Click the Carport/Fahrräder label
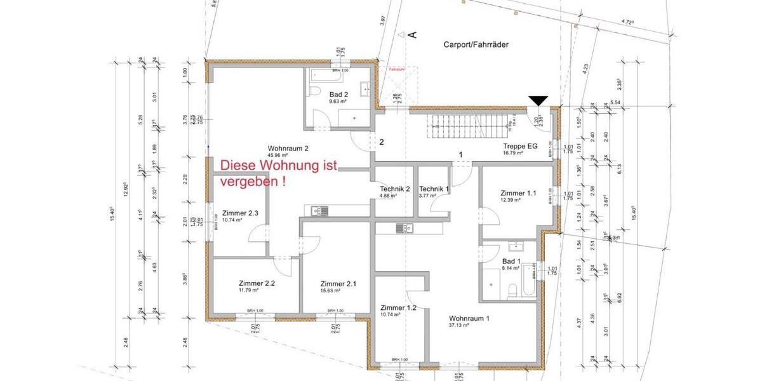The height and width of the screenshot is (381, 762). [x=476, y=44]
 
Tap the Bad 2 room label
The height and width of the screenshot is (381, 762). [x=338, y=94]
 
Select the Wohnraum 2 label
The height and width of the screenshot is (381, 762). [x=288, y=149]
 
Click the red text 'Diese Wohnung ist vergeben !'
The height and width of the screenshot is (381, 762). [x=278, y=173]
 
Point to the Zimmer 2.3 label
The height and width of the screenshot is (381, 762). [x=240, y=213]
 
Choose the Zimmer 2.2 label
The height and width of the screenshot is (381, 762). [x=257, y=283]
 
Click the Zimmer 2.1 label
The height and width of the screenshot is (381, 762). [x=338, y=283]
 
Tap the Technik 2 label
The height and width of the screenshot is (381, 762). [x=395, y=189]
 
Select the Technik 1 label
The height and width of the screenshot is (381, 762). [x=434, y=189]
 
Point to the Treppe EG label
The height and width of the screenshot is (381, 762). [x=520, y=146]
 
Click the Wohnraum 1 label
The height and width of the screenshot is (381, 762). [x=469, y=318]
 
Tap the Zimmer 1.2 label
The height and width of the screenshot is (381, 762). [x=398, y=307]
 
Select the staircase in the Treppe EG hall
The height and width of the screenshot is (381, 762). [x=470, y=126]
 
